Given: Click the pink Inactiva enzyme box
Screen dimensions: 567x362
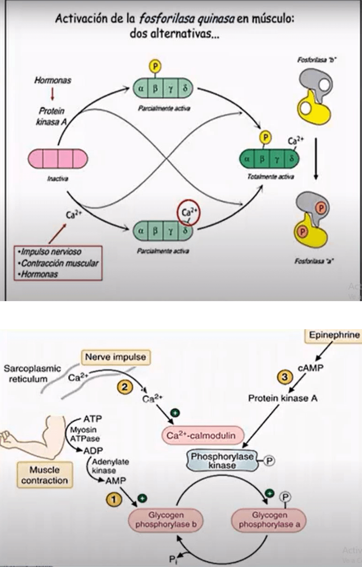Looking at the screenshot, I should point(58,159).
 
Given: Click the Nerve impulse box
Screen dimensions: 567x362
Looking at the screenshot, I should point(115,357).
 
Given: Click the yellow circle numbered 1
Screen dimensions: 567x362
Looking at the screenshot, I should point(114,499).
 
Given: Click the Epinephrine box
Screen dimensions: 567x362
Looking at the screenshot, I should point(335,336).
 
